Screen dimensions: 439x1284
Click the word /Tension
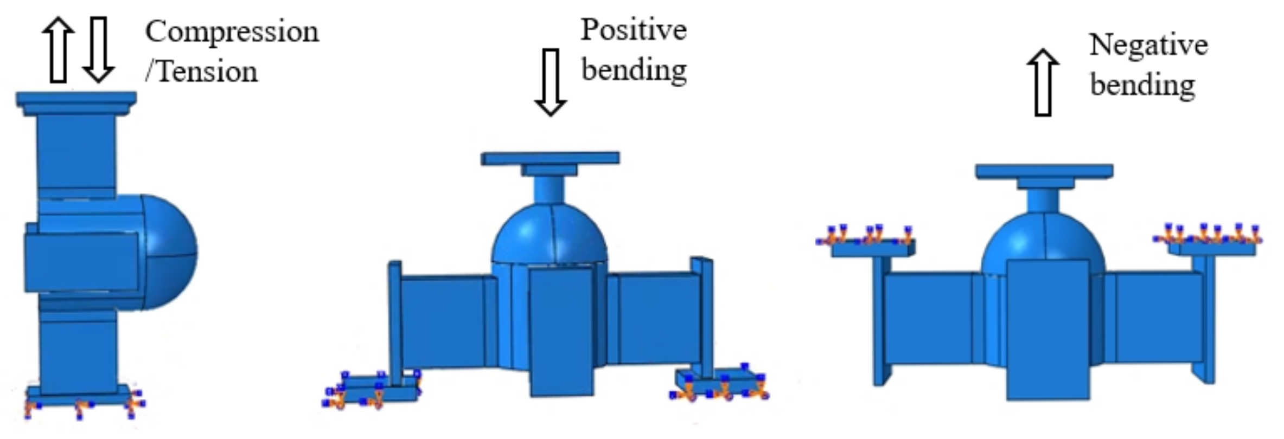(x=201, y=72)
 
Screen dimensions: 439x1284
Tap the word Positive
(x=634, y=30)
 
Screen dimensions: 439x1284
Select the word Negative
(x=1148, y=45)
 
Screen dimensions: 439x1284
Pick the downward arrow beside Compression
(x=98, y=50)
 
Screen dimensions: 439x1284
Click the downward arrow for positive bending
(x=551, y=81)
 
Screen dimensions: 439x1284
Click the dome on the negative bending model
(x=1043, y=241)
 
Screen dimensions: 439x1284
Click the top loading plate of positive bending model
(x=550, y=158)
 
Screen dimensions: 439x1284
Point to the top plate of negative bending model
(x=1044, y=171)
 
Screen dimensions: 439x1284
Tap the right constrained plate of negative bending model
(x=1212, y=249)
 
